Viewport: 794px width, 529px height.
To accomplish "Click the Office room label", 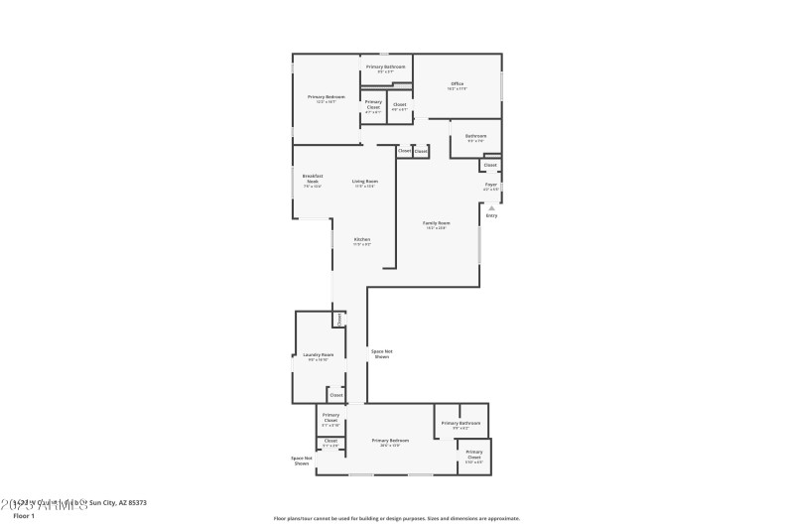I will click(x=458, y=85).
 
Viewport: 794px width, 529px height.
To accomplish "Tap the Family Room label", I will click(x=436, y=225).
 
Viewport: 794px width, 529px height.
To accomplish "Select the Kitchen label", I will click(x=363, y=241).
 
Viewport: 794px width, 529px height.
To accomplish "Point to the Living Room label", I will click(x=364, y=183).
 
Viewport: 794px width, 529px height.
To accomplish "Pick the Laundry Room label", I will click(x=319, y=356).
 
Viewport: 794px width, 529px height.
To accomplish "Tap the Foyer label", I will click(x=490, y=187).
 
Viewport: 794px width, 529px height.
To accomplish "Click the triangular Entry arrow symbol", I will click(x=490, y=206).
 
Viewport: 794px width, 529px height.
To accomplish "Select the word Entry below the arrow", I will click(x=491, y=215).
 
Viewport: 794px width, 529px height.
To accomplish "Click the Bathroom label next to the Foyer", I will click(x=475, y=137).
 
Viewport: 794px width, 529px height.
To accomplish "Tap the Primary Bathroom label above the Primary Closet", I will click(x=385, y=68).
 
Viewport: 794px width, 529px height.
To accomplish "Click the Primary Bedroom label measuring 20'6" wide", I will click(x=390, y=442).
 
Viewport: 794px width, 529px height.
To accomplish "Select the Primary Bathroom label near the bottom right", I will click(x=462, y=425).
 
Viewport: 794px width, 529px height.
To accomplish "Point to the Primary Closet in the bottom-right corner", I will click(x=474, y=459).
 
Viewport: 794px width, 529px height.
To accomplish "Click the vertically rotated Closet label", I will click(x=340, y=320).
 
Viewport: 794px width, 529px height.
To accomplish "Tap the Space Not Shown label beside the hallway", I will click(x=381, y=353).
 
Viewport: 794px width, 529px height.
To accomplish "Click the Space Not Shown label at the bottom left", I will click(x=302, y=461).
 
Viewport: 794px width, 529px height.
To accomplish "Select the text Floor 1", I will click(x=23, y=516).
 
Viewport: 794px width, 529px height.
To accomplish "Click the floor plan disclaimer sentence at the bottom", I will click(x=396, y=518).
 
